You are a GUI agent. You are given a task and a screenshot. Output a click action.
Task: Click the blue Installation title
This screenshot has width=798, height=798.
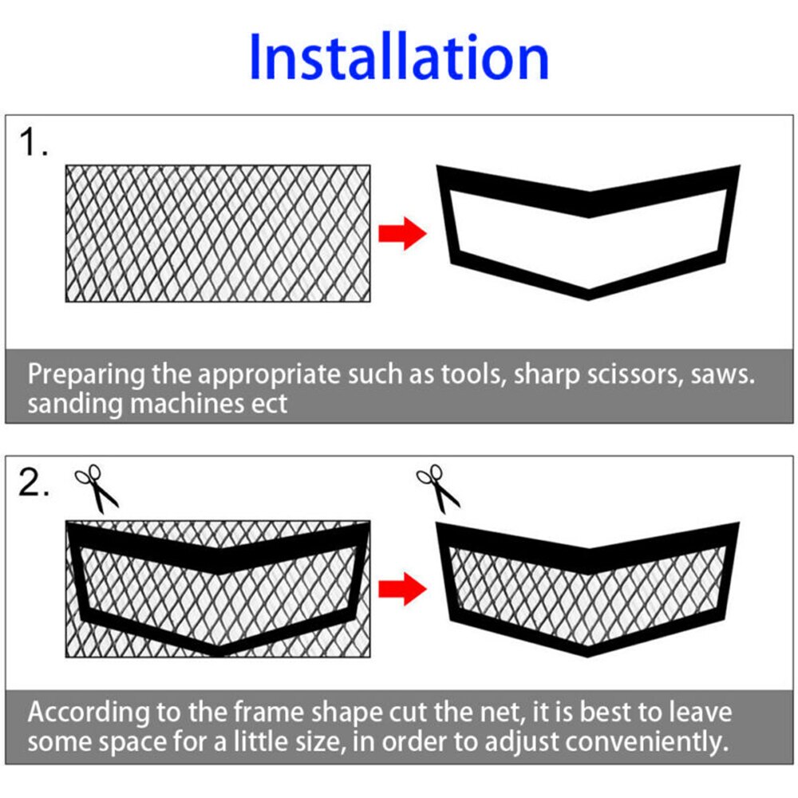[x=399, y=57]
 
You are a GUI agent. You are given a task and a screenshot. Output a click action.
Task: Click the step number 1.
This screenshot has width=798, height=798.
[x=34, y=144]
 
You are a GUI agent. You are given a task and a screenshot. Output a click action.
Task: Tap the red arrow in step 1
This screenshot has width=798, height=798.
[x=403, y=233]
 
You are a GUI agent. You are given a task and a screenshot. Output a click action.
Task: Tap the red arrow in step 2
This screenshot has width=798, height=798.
[x=403, y=590]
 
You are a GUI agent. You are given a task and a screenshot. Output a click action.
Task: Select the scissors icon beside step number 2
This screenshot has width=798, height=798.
[x=97, y=489]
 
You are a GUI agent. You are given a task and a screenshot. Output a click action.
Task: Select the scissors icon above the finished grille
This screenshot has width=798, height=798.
[x=438, y=488]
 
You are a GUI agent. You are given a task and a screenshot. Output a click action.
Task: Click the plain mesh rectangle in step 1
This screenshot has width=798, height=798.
[x=217, y=233]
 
